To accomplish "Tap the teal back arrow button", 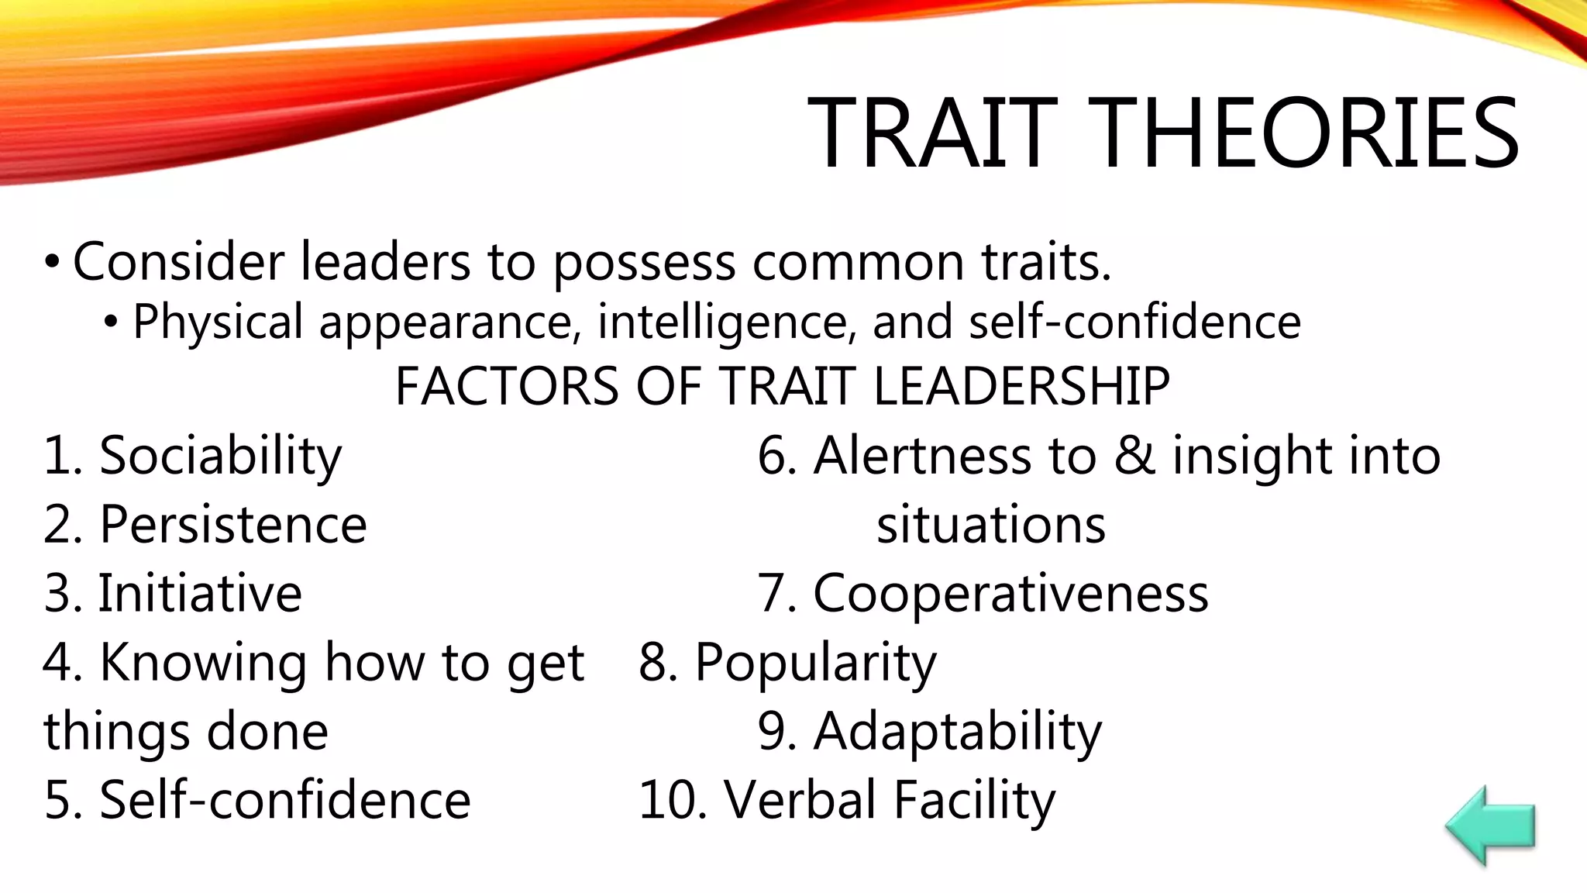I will (x=1489, y=826).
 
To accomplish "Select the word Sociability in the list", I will (x=220, y=456).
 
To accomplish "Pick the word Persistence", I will (x=233, y=525).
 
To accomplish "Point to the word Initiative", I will (x=200, y=594).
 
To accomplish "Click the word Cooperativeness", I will (x=1010, y=594).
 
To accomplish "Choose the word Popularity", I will (x=815, y=664).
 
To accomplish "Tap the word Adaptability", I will (x=957, y=732).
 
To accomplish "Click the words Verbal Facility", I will (x=890, y=800).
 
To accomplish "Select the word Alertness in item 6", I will (x=922, y=456).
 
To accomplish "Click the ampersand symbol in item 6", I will (x=1134, y=456).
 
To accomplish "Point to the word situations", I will (x=991, y=525).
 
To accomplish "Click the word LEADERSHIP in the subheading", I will (x=1021, y=386).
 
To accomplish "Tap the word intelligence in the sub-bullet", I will (x=727, y=322).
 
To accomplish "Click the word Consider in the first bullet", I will (x=178, y=262).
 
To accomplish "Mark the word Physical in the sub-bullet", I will (x=218, y=322).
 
